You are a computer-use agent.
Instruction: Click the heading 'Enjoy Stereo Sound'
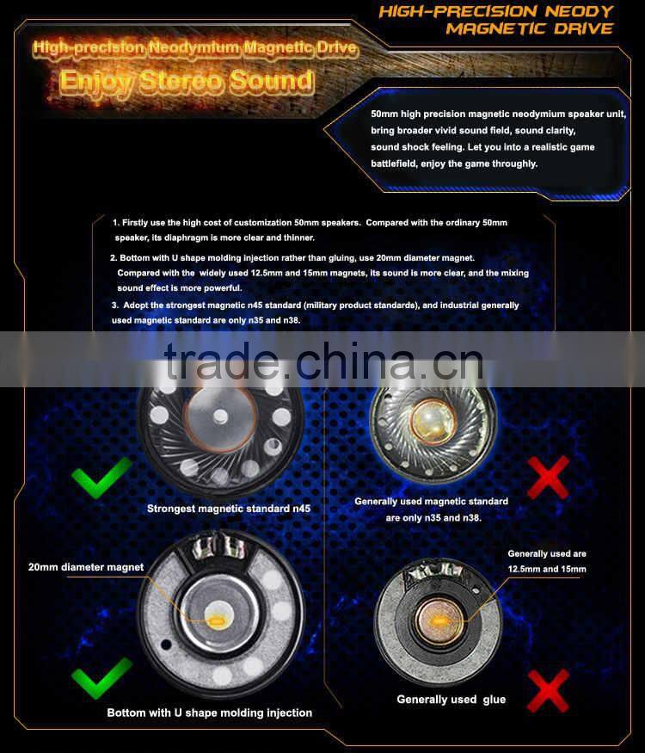[186, 82]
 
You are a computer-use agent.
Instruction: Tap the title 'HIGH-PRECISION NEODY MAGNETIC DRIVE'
[496, 20]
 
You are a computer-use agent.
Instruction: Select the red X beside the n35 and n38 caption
[548, 478]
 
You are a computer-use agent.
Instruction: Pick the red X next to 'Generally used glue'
[548, 692]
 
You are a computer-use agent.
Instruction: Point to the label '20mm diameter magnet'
[86, 567]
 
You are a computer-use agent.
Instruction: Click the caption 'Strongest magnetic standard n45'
[228, 509]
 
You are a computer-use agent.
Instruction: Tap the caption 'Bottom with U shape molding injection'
[209, 713]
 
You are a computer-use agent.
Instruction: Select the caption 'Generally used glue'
[451, 700]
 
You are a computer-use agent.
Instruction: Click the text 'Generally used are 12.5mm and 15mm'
[547, 561]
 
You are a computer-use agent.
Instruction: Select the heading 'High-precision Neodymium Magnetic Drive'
[194, 48]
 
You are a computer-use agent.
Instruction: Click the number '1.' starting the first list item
[116, 223]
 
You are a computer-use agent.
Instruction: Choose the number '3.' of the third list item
[115, 306]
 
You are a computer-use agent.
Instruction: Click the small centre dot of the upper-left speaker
[221, 416]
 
